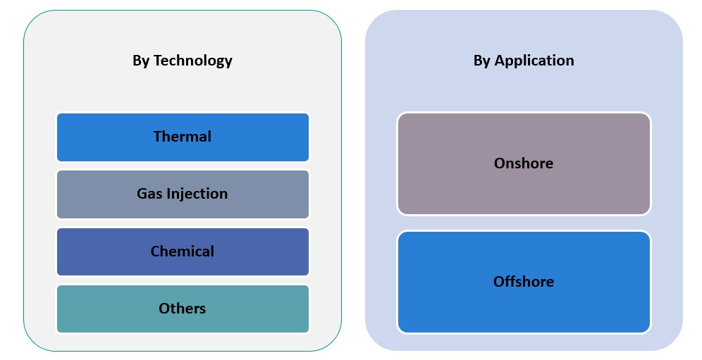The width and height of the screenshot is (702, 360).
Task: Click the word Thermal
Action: pyautogui.click(x=182, y=137)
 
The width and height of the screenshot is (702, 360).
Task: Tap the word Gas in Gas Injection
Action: pyautogui.click(x=149, y=194)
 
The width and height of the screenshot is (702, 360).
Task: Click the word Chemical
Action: pyautogui.click(x=182, y=252)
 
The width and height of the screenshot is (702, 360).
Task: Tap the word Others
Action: pyautogui.click(x=182, y=309)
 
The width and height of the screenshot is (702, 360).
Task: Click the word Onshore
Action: pyautogui.click(x=523, y=163)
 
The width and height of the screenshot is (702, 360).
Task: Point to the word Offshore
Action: pyautogui.click(x=523, y=282)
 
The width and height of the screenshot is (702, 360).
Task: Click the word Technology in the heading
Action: pyautogui.click(x=192, y=61)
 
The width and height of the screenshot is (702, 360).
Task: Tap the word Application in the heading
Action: pyautogui.click(x=534, y=61)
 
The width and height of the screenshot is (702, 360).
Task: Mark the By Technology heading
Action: pyautogui.click(x=182, y=61)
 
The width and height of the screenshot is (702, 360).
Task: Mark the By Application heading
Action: pyautogui.click(x=523, y=61)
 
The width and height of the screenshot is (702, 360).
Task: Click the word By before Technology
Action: pyautogui.click(x=141, y=61)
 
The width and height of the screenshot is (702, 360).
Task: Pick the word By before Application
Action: pyautogui.click(x=482, y=61)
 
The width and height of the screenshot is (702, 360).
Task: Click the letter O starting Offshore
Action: pyautogui.click(x=499, y=282)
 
